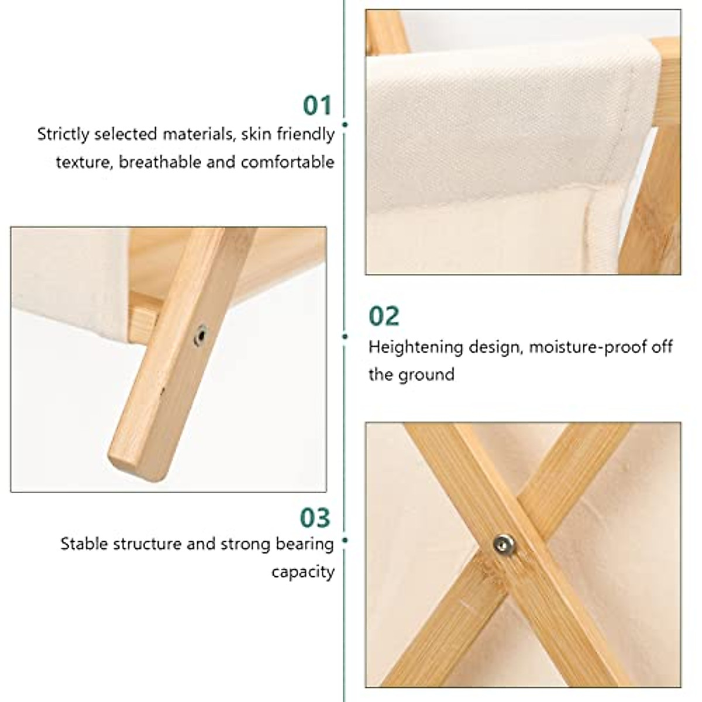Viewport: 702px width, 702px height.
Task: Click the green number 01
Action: coord(317,106)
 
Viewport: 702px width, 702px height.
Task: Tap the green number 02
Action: coord(384,316)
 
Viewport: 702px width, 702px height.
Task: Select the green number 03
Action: coord(315,518)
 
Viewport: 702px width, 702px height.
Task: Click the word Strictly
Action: coord(63,135)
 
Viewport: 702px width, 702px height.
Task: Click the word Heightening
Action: coord(415,347)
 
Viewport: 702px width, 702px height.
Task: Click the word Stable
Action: coord(84,545)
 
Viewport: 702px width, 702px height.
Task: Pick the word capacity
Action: coord(302,572)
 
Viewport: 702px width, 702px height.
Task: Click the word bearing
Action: coord(305,545)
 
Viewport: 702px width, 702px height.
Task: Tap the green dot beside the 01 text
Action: coord(345,125)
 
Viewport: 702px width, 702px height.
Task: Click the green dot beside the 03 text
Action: coord(345,541)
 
